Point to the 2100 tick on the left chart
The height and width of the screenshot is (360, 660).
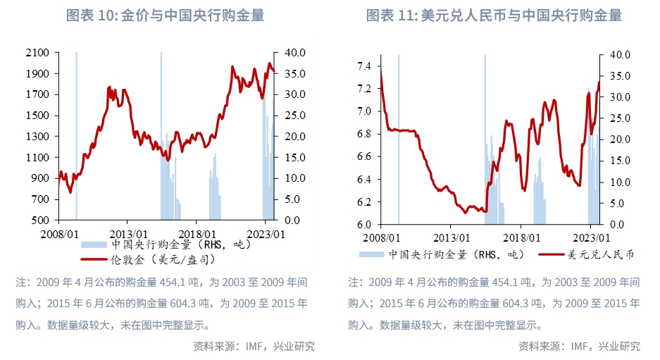pyautogui.click(x=37, y=53)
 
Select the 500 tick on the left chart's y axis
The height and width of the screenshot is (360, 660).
pyautogui.click(x=40, y=221)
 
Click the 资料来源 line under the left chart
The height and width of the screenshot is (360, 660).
pyautogui.click(x=254, y=346)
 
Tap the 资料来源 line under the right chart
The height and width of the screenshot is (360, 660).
pyautogui.click(x=579, y=346)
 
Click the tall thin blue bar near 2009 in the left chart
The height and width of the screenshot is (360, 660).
pyautogui.click(x=76, y=134)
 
